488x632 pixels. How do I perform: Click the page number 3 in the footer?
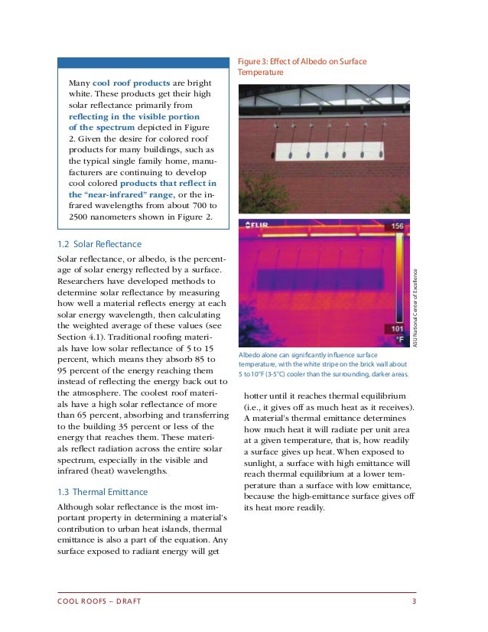pyautogui.click(x=414, y=601)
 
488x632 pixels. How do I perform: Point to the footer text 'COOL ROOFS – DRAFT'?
pyautogui.click(x=99, y=601)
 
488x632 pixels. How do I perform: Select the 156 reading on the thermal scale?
pyautogui.click(x=397, y=227)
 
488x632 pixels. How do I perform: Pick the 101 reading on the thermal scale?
pyautogui.click(x=397, y=331)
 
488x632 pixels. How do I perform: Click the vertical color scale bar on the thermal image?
pyautogui.click(x=397, y=279)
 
